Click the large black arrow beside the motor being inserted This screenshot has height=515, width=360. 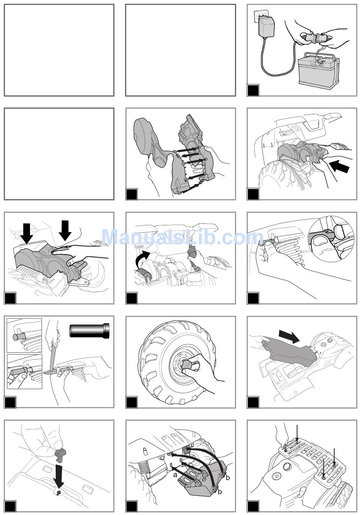coord(339,167)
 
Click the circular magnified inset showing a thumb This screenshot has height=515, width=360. coord(331,239)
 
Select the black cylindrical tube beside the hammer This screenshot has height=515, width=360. coord(89,331)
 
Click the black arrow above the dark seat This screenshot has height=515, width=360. coord(289,335)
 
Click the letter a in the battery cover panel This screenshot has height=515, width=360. coord(175,474)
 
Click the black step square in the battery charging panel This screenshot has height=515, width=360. coord(253,90)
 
